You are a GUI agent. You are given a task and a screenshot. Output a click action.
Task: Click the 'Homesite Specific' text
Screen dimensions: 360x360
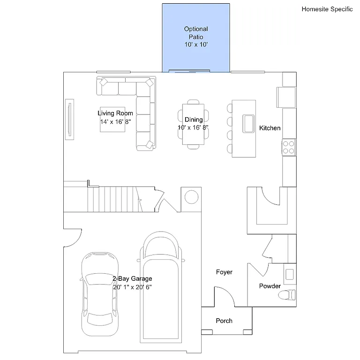tap(327, 9)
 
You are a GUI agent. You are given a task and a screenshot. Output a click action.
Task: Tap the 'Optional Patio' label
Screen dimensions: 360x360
tap(196, 32)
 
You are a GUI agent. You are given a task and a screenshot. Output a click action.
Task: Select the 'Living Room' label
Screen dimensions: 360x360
tap(115, 113)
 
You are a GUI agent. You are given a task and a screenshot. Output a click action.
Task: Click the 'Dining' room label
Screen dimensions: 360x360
tap(193, 120)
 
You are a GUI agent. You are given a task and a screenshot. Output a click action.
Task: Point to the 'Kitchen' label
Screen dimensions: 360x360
tap(270, 128)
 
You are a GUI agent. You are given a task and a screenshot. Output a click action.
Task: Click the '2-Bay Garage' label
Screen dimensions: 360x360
tap(132, 278)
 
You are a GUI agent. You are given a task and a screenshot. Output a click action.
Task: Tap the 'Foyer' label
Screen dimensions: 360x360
tap(224, 272)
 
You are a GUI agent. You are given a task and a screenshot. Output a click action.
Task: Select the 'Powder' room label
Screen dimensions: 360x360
tap(270, 286)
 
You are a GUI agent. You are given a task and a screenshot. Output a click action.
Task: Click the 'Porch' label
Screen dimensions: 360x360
tap(224, 321)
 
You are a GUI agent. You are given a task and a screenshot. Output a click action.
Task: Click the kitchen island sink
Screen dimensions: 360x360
tap(248, 123)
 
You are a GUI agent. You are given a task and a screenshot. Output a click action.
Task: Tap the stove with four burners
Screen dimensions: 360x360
tap(289, 147)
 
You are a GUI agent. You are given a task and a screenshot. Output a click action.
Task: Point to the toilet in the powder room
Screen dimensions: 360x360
tap(286, 295)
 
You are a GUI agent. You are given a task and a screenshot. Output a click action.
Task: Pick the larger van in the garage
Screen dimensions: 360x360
tap(161, 291)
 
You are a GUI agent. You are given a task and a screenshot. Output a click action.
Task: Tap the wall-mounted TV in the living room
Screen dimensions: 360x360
tap(69, 120)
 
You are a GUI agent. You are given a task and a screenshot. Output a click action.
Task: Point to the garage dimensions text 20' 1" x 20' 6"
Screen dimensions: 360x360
tap(132, 286)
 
